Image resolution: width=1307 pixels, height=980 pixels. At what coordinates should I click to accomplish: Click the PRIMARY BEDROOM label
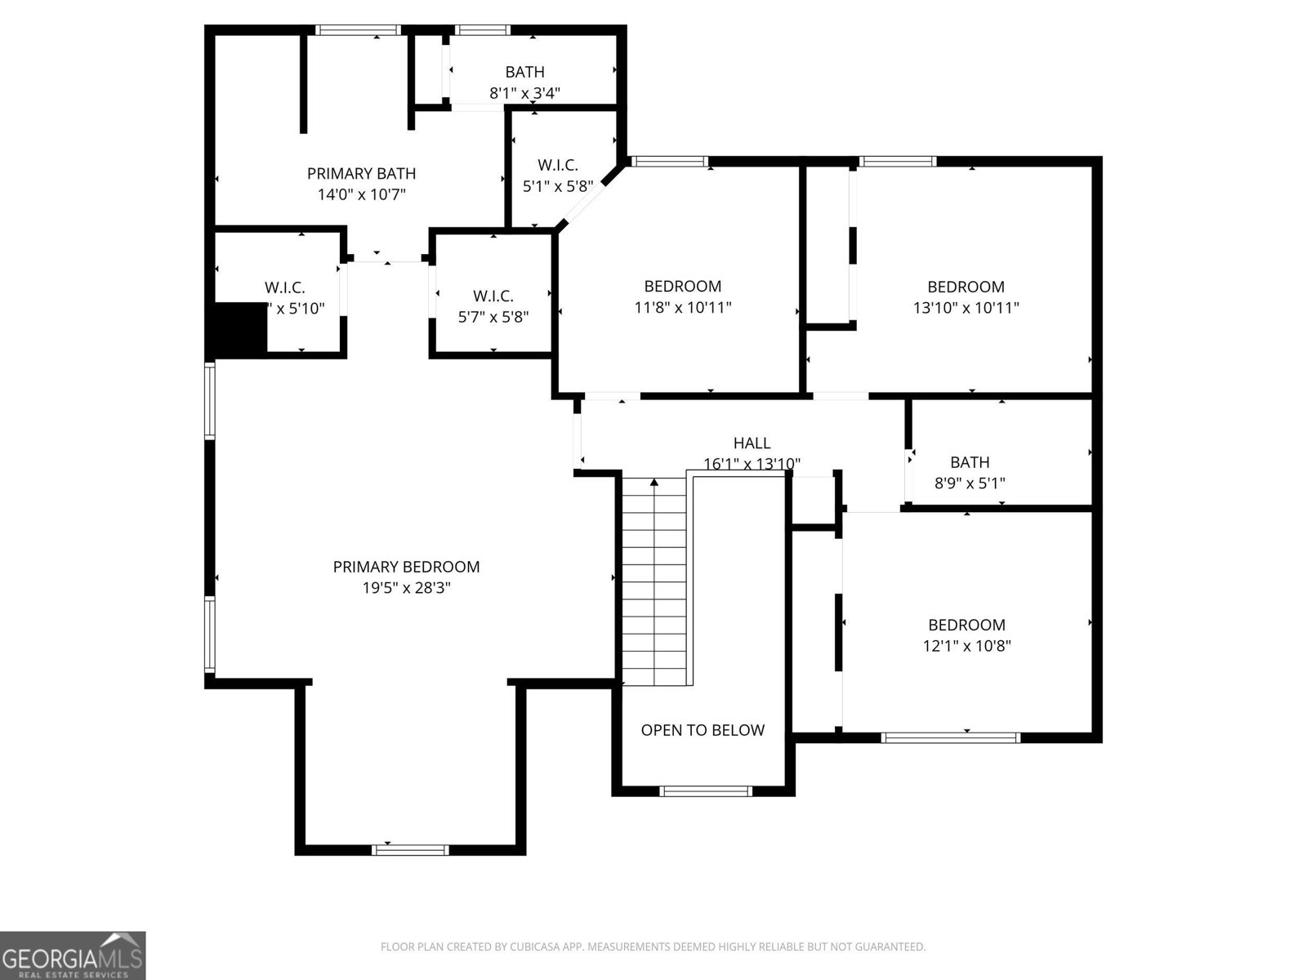(406, 567)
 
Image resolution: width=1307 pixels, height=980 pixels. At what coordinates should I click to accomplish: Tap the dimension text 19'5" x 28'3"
(406, 588)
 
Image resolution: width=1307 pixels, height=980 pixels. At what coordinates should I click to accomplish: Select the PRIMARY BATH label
(361, 173)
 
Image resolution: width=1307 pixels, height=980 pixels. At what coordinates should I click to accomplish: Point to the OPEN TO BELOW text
(703, 730)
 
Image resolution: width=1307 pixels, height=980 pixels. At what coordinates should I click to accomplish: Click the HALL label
(752, 443)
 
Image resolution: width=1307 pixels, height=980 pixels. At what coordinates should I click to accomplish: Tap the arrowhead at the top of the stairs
(654, 483)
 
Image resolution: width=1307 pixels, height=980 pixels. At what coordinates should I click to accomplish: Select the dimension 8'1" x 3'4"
(524, 93)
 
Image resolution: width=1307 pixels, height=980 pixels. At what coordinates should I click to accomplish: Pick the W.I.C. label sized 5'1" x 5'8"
(558, 165)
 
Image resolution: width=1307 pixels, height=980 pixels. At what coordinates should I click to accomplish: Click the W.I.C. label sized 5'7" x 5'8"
(493, 296)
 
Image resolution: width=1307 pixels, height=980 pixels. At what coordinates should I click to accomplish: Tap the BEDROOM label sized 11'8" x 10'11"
(683, 287)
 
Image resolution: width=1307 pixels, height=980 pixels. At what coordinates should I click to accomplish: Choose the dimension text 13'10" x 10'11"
(966, 308)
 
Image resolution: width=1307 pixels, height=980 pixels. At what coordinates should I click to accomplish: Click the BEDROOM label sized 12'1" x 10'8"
(966, 625)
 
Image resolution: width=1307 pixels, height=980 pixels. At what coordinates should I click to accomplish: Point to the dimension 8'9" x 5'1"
(970, 483)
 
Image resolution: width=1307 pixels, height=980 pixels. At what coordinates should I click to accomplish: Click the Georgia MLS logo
(73, 955)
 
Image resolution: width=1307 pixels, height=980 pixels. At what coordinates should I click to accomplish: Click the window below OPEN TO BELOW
(705, 791)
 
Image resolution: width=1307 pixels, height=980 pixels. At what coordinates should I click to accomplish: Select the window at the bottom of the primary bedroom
(410, 849)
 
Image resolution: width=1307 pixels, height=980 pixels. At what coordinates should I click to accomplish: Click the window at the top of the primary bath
(359, 31)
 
